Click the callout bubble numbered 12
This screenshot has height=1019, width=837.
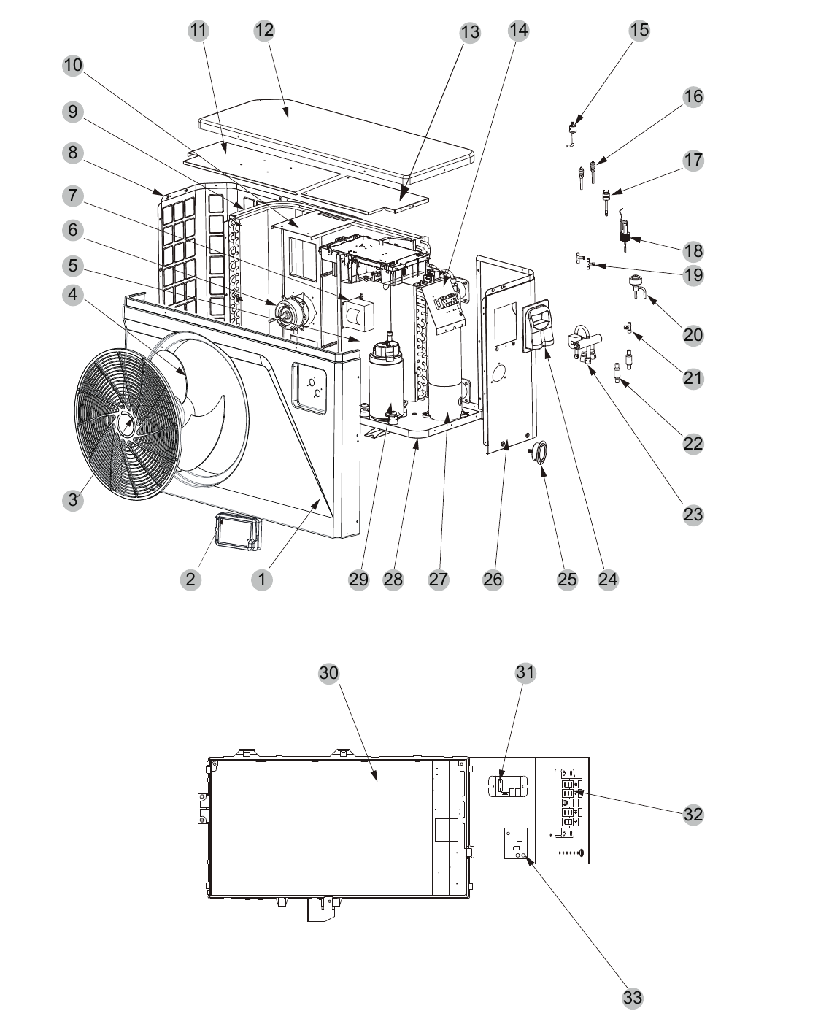[x=264, y=31]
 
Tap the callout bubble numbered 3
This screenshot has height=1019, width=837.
[x=73, y=499]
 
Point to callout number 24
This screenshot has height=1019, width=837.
[x=608, y=580]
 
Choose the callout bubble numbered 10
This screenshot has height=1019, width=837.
[x=73, y=65]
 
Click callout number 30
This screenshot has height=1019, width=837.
[x=329, y=673]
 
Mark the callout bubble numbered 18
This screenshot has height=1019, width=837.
[x=693, y=251]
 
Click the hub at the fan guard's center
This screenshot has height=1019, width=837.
[x=127, y=424]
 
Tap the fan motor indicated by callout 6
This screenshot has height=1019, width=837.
[x=290, y=312]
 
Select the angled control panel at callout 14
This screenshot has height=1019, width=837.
[x=444, y=307]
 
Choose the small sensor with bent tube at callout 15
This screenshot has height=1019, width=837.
[x=573, y=134]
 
